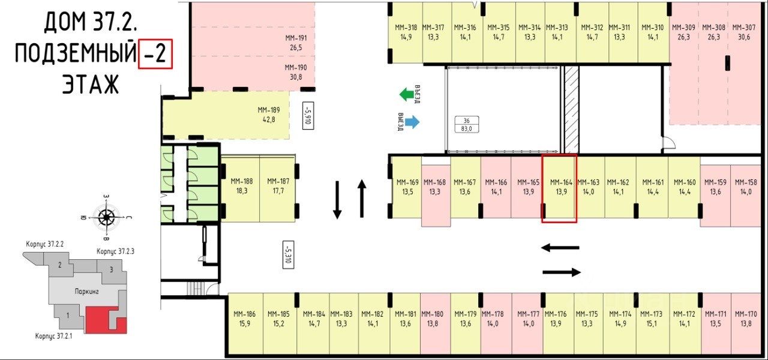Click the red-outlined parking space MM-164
click(x=559, y=188)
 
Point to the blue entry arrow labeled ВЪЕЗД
click(x=411, y=122)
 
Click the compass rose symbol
click(x=107, y=218)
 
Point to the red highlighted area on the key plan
click(x=102, y=319)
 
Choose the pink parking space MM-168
click(x=436, y=188)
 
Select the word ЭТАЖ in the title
click(x=91, y=85)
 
